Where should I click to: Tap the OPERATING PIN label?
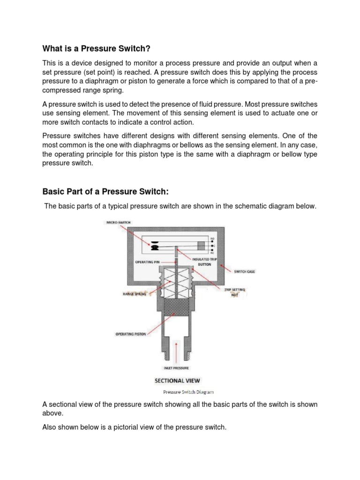[148, 262]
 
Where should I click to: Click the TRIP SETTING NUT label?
[234, 292]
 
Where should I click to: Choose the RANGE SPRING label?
[135, 294]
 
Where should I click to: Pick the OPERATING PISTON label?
[131, 334]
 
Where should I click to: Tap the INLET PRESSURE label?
[176, 368]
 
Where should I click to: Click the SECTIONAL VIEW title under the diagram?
[176, 380]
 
